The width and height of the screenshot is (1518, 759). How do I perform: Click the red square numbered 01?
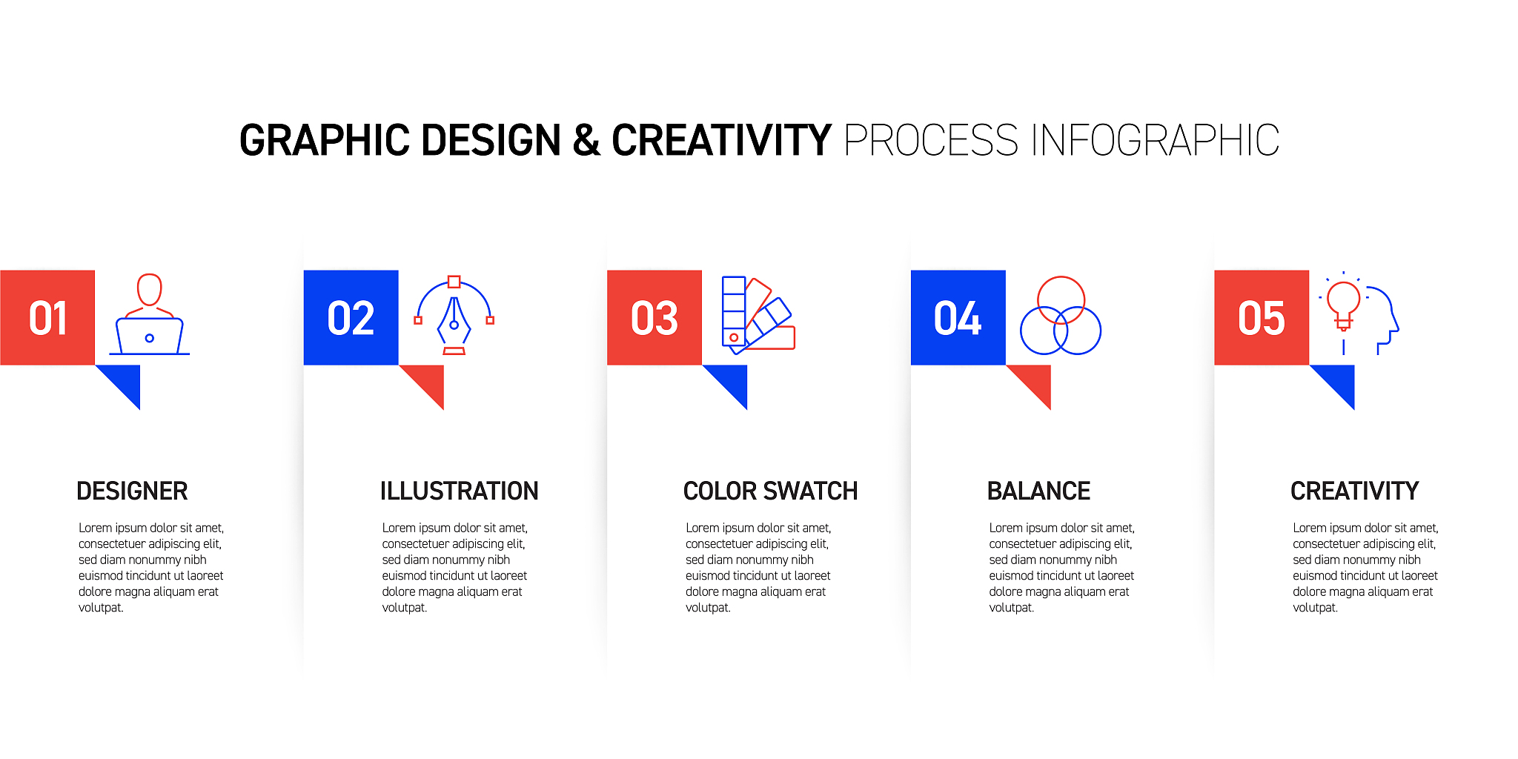pyautogui.click(x=47, y=317)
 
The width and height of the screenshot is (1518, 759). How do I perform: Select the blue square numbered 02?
pyautogui.click(x=351, y=317)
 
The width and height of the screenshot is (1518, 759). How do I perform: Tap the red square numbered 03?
pyautogui.click(x=654, y=317)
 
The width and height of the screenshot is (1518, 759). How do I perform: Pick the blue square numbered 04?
pyautogui.click(x=958, y=317)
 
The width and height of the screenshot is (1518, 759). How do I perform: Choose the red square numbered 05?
pyautogui.click(x=1262, y=317)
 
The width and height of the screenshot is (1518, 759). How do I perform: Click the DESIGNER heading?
pyautogui.click(x=132, y=491)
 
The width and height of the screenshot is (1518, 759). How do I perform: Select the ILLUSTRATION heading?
pyautogui.click(x=459, y=491)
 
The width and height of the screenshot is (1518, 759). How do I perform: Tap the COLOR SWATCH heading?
pyautogui.click(x=770, y=491)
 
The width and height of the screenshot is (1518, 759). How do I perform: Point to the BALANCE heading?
pyautogui.click(x=1038, y=491)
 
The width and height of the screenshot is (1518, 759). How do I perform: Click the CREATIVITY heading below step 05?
pyautogui.click(x=1354, y=491)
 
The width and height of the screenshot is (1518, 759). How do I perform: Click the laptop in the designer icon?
pyautogui.click(x=150, y=337)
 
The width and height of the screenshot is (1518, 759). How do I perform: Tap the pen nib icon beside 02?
pyautogui.click(x=454, y=327)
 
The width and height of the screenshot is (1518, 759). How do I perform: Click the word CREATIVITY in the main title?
pyautogui.click(x=721, y=140)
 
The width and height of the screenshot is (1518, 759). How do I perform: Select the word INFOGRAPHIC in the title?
pyautogui.click(x=1155, y=140)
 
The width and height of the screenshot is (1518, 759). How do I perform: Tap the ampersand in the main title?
pyautogui.click(x=586, y=140)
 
